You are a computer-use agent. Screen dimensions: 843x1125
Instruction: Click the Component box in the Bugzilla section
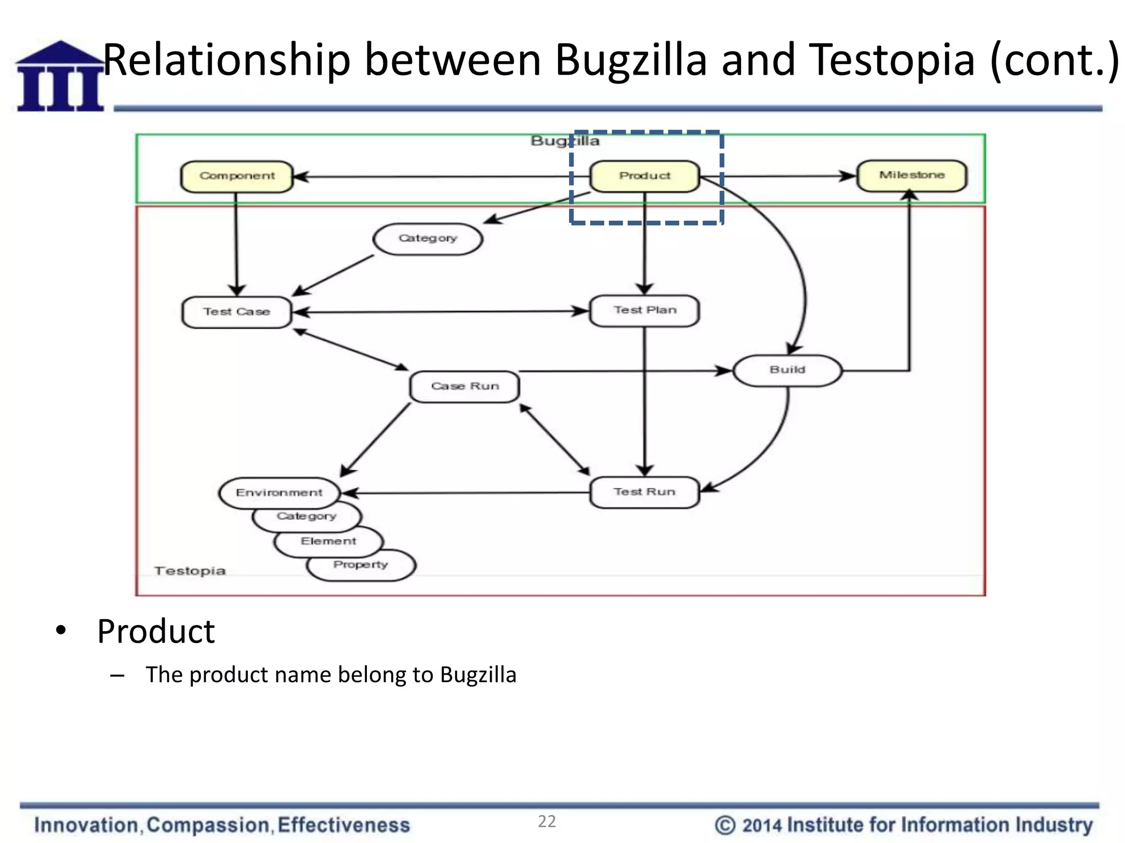click(x=237, y=176)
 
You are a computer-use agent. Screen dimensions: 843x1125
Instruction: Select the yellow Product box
click(x=644, y=176)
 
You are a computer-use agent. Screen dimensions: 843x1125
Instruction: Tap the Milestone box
click(x=911, y=176)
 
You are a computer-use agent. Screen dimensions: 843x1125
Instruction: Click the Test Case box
click(x=236, y=312)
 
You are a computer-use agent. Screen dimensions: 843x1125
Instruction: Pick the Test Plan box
click(x=644, y=311)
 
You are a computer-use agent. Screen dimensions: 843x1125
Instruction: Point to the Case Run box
click(x=465, y=386)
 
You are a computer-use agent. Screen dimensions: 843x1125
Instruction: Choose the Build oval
click(x=787, y=370)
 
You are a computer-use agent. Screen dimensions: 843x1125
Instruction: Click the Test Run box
click(x=644, y=492)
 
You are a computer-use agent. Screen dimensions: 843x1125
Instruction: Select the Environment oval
click(x=279, y=492)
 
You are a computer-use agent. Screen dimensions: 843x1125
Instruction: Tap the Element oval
click(x=328, y=542)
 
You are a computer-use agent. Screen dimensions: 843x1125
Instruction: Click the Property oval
click(x=361, y=565)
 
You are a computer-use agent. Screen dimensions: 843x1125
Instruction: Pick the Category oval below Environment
click(x=307, y=517)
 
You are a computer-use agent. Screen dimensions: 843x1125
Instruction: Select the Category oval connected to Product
click(x=427, y=239)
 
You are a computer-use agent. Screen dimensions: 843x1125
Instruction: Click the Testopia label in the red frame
click(x=190, y=571)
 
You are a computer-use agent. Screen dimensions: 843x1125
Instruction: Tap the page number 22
click(x=547, y=822)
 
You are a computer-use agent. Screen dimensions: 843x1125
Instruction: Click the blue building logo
click(x=60, y=77)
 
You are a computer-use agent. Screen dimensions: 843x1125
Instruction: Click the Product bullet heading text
click(x=156, y=632)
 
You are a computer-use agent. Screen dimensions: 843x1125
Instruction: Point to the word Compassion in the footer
click(x=208, y=825)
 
